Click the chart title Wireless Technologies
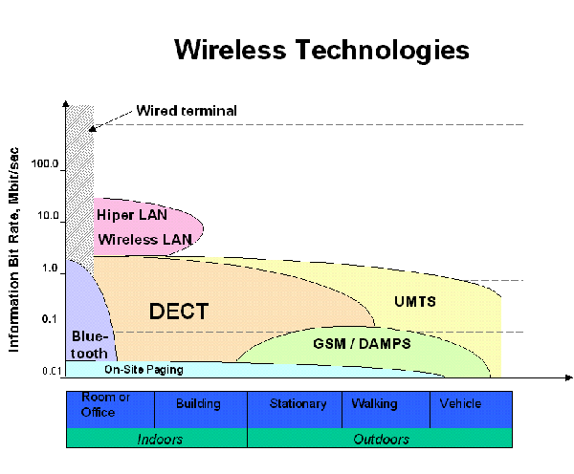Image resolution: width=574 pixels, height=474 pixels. click(321, 50)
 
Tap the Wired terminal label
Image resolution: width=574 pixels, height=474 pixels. click(186, 111)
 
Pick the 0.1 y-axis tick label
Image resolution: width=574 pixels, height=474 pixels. click(50, 319)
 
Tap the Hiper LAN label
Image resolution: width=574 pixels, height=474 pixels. click(131, 215)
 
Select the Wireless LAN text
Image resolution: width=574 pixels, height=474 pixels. click(144, 239)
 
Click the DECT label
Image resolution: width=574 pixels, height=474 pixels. click(178, 312)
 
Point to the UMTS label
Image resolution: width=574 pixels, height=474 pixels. click(415, 302)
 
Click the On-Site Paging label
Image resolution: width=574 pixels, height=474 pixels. click(143, 369)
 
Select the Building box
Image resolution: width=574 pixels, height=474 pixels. click(198, 404)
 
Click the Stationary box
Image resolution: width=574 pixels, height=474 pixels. click(298, 404)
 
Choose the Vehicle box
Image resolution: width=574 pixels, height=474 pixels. click(460, 404)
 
